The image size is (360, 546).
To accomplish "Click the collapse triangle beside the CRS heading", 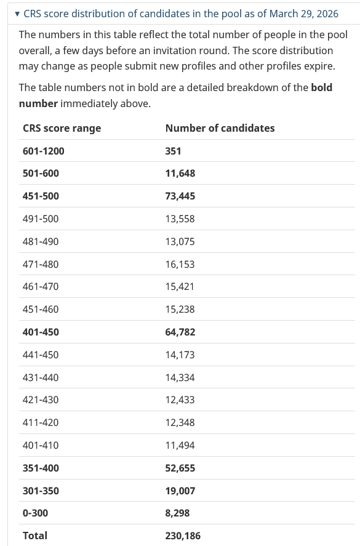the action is tap(17, 14).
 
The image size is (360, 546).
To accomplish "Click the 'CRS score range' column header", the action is tap(62, 128).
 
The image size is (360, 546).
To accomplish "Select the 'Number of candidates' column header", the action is tap(220, 128).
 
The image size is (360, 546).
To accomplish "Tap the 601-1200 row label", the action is tap(43, 151).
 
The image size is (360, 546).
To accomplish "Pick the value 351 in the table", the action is tap(173, 151).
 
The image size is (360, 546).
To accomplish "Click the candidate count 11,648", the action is tap(180, 174).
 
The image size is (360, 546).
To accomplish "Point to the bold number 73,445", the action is tap(180, 196).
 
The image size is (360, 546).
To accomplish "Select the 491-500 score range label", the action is tap(41, 219).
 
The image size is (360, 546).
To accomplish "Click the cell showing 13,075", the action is tap(180, 241).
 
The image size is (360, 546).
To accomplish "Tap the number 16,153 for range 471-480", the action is tap(180, 264).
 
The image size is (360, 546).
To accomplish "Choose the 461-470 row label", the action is tap(41, 287).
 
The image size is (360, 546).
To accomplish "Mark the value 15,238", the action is tap(180, 309).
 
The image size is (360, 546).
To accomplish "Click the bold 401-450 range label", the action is tap(41, 332).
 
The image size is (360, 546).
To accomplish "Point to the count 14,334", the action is tap(180, 377).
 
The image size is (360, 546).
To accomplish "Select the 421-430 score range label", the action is tap(41, 400).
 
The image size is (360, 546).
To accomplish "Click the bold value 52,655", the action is tap(180, 468).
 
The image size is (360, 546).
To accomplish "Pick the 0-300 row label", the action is tap(35, 513).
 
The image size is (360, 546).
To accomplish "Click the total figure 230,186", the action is tap(183, 536).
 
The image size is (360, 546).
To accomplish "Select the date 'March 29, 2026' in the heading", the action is tap(304, 14).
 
